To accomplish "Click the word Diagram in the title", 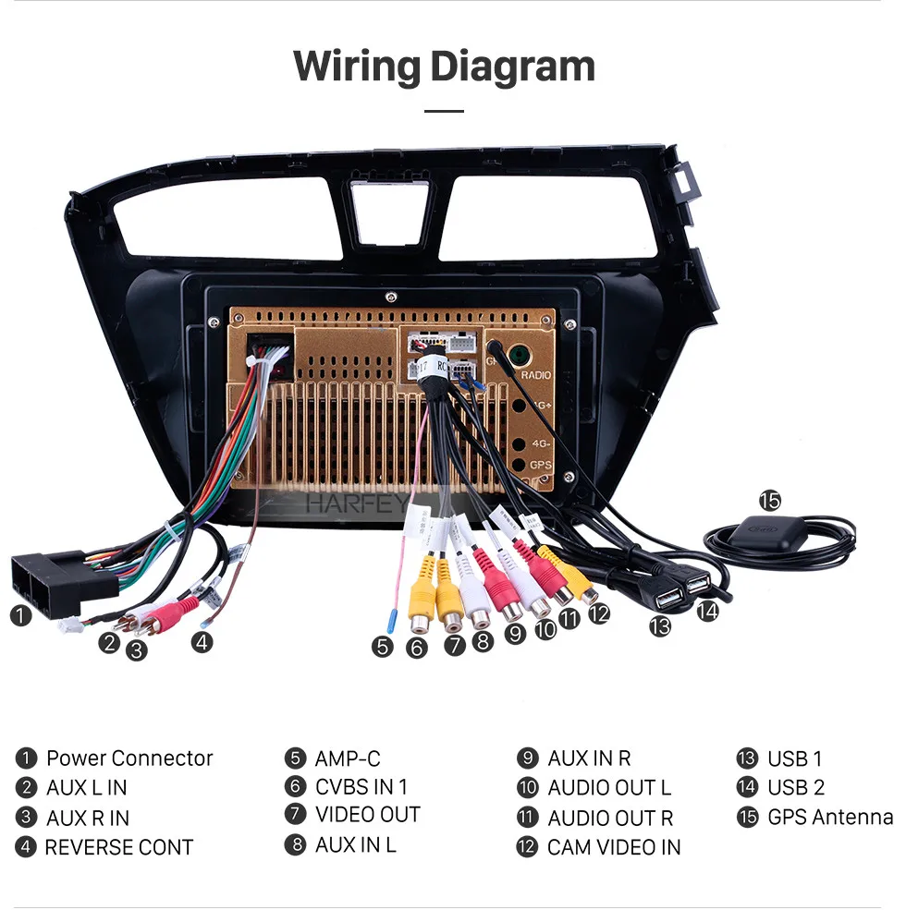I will pos(512,67).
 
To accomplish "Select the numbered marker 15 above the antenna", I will pos(769,501).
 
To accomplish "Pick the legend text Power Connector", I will pos(129,758).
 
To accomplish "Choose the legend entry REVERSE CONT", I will pos(119,847).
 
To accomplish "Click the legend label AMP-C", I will pos(347,758).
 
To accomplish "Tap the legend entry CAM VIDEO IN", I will pos(614,847).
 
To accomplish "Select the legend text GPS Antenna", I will pos(830,818).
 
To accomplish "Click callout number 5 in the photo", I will pos(383,647).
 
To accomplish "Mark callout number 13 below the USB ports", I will pos(659,626).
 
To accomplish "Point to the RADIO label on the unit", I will pos(535,375).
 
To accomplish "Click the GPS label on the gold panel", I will pos(541,465).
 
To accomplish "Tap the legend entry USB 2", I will pos(795,788).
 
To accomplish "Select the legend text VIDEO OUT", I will pos(368,815).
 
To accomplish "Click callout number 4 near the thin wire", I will pos(202,641).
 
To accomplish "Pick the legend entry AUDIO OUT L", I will pos(609,788).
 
